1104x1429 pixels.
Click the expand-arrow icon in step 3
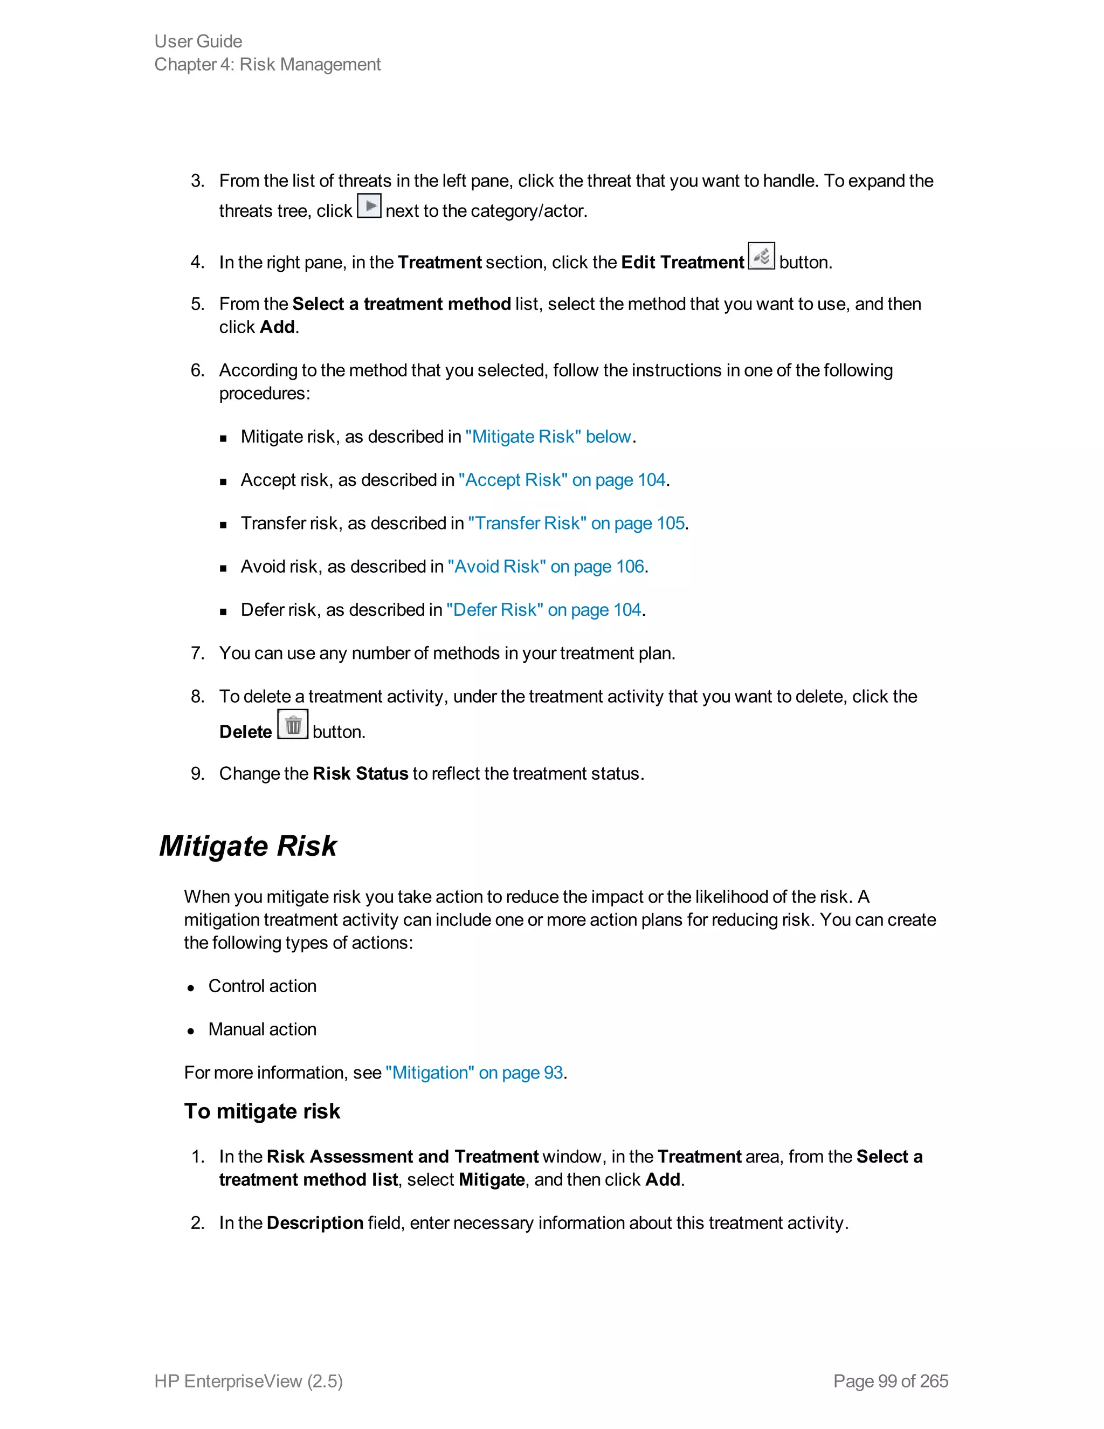369,206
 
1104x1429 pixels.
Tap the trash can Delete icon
293,725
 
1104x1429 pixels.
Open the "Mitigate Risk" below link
548,436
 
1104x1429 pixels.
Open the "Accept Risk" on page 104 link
562,479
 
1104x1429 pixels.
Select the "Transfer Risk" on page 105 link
576,523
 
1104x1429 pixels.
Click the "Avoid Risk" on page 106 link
546,566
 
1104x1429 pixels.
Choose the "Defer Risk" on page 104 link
543,610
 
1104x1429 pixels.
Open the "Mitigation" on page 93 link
474,1073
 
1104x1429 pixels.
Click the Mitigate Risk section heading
248,846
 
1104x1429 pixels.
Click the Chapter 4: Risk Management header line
267,64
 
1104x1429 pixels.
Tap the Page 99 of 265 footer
890,1380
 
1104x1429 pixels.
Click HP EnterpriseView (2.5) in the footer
249,1380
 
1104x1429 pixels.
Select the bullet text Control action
263,986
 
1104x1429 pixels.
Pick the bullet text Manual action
263,1029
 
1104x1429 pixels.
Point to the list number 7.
196,653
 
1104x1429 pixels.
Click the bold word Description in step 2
315,1223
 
